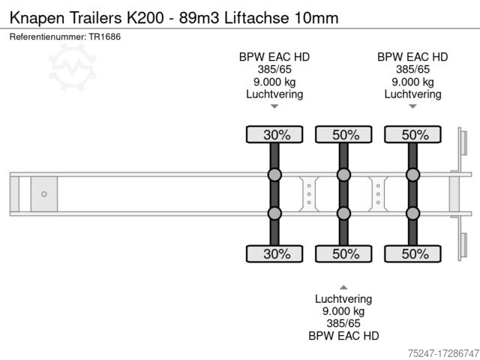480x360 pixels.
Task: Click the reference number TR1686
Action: (x=105, y=36)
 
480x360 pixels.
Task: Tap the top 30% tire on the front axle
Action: (x=274, y=135)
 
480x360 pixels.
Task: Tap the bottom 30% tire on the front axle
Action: (x=274, y=253)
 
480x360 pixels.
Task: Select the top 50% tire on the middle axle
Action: (x=343, y=135)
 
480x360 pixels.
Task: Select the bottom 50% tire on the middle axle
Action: (x=343, y=253)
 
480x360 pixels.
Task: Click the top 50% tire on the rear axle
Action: (x=412, y=135)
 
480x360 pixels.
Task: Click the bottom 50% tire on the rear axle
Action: (x=412, y=253)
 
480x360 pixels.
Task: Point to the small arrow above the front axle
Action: (x=274, y=107)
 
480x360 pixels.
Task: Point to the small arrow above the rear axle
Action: (x=412, y=107)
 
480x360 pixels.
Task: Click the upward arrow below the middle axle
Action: (x=343, y=286)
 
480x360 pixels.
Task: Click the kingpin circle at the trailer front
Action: (x=44, y=194)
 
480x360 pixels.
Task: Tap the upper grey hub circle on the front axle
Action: (x=274, y=175)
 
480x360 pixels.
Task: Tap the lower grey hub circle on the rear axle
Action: (x=412, y=214)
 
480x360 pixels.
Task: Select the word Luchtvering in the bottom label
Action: (x=343, y=298)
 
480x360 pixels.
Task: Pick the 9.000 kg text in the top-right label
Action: (x=412, y=82)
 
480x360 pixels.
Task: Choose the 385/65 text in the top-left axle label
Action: (x=274, y=69)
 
